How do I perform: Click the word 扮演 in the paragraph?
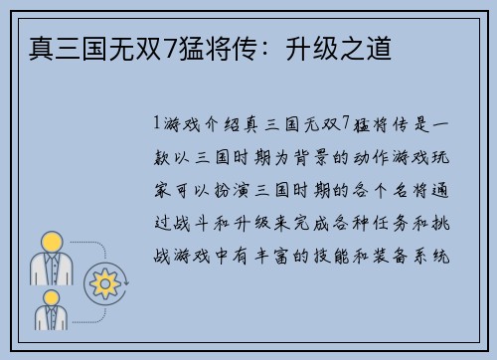click(231, 189)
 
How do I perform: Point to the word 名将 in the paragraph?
click(406, 189)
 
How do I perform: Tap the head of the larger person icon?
click(51, 243)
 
